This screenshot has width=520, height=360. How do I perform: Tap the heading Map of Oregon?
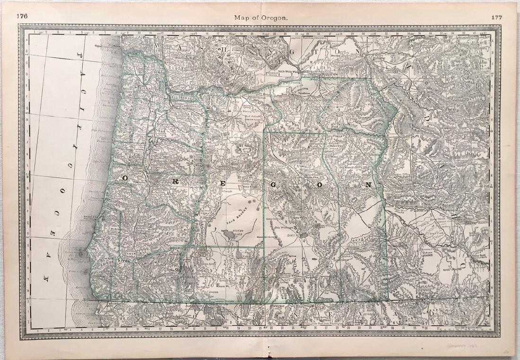(260, 18)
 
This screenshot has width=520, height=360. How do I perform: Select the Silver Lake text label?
(231, 232)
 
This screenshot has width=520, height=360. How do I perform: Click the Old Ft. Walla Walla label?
(290, 72)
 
